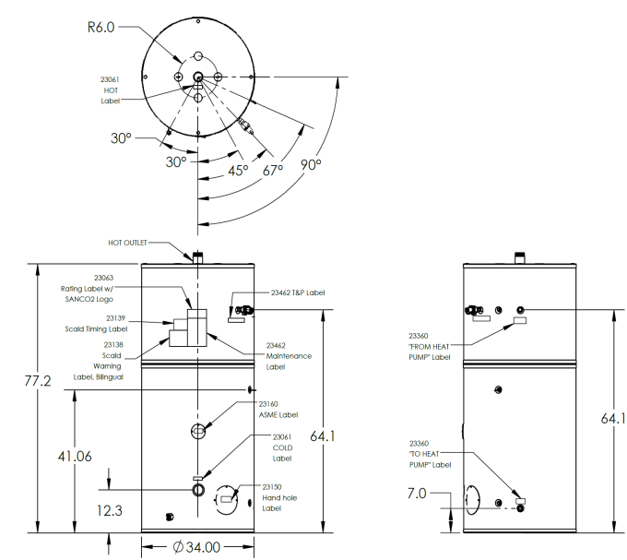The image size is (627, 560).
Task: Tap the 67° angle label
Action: click(x=273, y=170)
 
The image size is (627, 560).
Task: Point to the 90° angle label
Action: click(x=310, y=164)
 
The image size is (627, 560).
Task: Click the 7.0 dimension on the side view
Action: click(x=416, y=494)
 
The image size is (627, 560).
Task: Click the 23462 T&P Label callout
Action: click(x=298, y=292)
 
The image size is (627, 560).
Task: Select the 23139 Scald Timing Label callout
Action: click(x=101, y=323)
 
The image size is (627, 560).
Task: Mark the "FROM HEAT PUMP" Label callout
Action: click(x=430, y=346)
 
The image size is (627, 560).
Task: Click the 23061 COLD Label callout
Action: click(x=281, y=447)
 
